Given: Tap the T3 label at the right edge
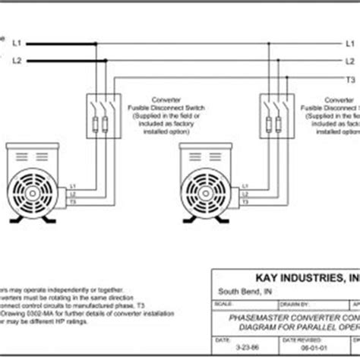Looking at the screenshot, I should coord(350,79).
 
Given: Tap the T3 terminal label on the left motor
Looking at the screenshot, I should coord(73,201).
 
